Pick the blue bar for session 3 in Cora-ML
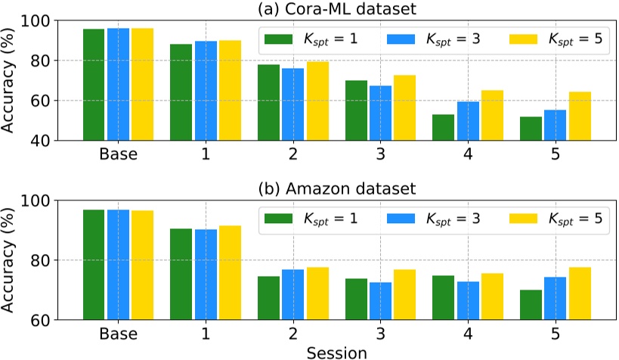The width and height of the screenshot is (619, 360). point(380,113)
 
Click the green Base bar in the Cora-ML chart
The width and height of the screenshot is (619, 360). point(93,84)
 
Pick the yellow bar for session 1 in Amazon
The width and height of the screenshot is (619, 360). point(230,272)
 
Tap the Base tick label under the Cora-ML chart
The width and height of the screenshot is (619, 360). point(117,155)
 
